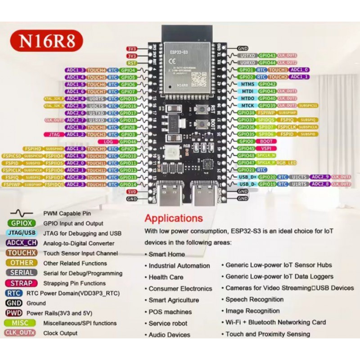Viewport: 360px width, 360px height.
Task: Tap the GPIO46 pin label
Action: (128, 141)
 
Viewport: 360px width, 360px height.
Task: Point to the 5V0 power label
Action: (131, 191)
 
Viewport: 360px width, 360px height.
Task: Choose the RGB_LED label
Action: (287, 162)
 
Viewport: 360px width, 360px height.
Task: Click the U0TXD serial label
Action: (247, 55)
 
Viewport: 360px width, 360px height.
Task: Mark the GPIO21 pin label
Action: (246, 170)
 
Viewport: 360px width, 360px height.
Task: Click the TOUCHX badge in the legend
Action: (22, 253)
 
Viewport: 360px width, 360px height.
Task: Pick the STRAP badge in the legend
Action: (22, 283)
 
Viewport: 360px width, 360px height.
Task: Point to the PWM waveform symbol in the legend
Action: (22, 213)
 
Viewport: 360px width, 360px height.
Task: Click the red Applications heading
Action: (174, 218)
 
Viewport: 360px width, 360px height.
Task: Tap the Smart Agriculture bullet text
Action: (174, 300)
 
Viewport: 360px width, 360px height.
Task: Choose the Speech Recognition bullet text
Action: (254, 299)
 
